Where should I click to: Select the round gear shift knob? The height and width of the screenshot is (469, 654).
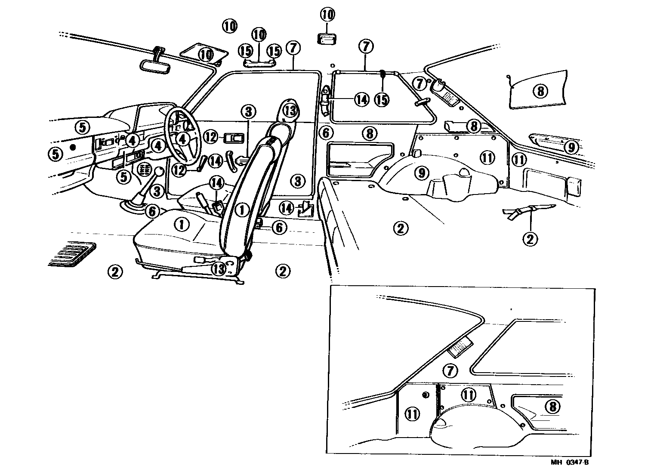[x=159, y=172]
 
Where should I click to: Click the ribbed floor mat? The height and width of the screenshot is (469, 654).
[x=72, y=254]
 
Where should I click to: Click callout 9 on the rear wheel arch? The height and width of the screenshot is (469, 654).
[x=422, y=173]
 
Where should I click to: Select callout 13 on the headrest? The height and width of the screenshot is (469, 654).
[x=290, y=111]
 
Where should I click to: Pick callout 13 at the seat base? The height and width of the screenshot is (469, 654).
[x=219, y=268]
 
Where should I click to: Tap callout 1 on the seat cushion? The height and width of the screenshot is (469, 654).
[x=182, y=223]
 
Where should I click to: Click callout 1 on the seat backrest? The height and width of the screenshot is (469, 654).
[x=242, y=210]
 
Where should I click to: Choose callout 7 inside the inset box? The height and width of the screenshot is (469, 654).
[x=450, y=370]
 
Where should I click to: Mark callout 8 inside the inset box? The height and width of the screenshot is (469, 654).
[x=552, y=406]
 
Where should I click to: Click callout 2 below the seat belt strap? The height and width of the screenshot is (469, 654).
[x=530, y=238]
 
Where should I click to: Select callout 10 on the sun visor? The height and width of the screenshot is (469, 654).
[x=206, y=55]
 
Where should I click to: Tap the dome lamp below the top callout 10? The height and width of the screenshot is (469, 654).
[x=327, y=39]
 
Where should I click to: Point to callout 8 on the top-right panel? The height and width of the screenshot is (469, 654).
[x=540, y=91]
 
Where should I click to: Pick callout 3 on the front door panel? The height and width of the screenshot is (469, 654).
[x=298, y=181]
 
